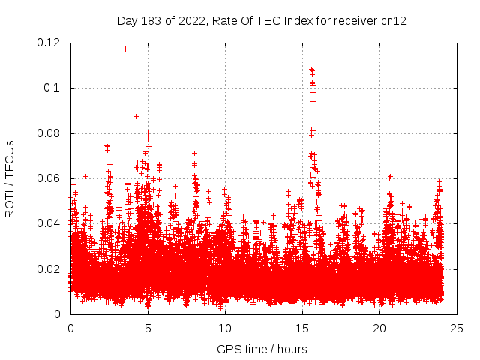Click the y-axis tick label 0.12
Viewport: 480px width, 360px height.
point(49,43)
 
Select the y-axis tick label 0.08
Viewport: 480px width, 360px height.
point(49,133)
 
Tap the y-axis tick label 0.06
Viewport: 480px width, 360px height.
point(49,178)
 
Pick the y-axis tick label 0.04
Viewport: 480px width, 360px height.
point(49,223)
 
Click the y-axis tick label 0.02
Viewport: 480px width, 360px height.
point(49,269)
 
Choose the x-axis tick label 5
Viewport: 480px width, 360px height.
point(148,328)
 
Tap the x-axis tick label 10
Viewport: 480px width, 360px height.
point(225,328)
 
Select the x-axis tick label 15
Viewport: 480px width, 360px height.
point(302,328)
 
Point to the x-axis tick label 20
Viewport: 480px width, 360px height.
point(379,328)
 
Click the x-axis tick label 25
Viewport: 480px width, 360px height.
point(457,328)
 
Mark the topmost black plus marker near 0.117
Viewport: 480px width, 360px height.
point(125,49)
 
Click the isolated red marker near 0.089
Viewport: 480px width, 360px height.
point(109,112)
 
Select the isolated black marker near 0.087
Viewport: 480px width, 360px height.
point(136,116)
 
